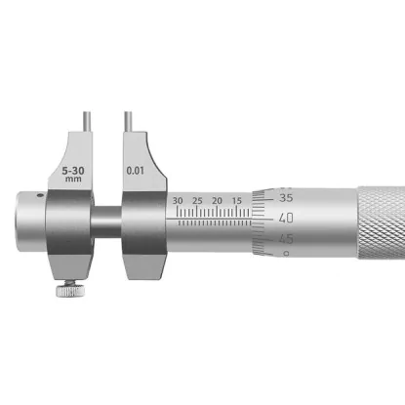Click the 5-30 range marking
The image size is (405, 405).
pyautogui.click(x=73, y=171)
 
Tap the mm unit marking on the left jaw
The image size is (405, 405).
pyautogui.click(x=73, y=179)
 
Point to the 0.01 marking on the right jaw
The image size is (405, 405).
pyautogui.click(x=135, y=170)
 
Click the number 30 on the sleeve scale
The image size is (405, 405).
pyautogui.click(x=178, y=201)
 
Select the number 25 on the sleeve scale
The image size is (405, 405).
pyautogui.click(x=197, y=201)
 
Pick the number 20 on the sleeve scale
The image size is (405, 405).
pyautogui.click(x=217, y=201)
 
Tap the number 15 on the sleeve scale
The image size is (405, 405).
pyautogui.click(x=237, y=201)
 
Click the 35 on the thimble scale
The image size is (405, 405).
pyautogui.click(x=286, y=198)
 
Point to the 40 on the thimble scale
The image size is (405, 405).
pyautogui.click(x=286, y=218)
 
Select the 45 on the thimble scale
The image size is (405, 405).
pyautogui.click(x=286, y=239)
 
